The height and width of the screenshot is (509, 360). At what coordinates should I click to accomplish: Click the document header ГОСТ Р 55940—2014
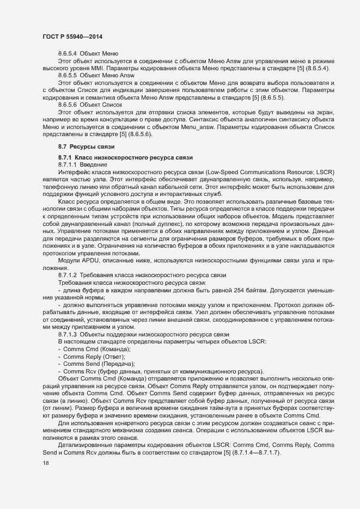pos(72,36)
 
